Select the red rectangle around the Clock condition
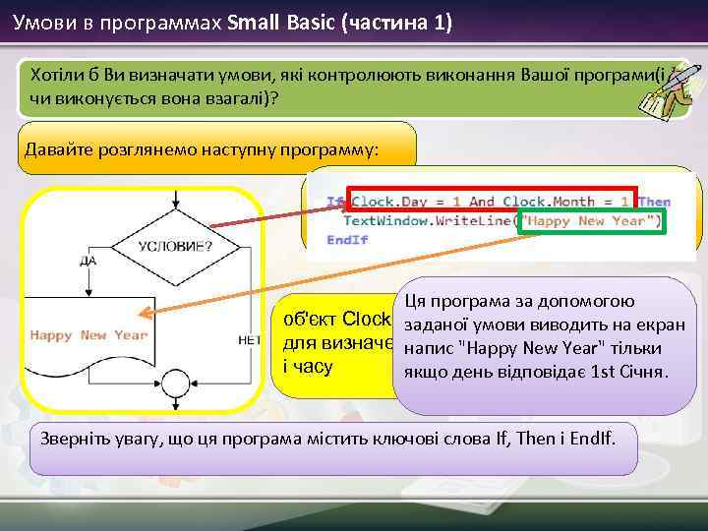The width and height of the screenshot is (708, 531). coord(492,200)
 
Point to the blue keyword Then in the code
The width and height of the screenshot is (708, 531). coord(654,202)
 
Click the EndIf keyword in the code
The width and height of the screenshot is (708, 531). coord(346,239)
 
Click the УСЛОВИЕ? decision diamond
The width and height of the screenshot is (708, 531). coord(174,245)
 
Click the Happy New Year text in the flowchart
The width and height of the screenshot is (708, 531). coord(88,334)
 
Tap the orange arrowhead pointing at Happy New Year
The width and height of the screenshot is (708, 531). coord(144,315)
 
